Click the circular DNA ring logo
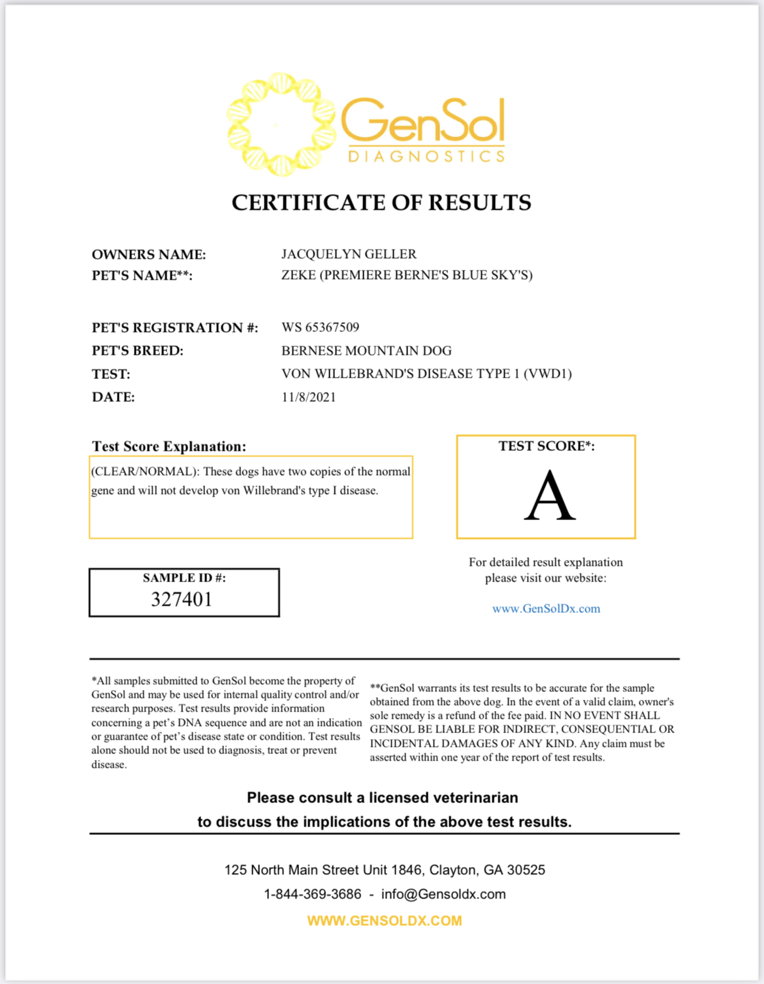281,124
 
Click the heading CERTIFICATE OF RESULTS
381,203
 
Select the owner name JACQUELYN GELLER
349,254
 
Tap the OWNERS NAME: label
148,254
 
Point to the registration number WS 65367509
320,327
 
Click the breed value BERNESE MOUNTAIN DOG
366,350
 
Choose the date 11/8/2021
308,397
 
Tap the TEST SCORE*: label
547,446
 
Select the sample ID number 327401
182,599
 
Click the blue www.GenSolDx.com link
546,608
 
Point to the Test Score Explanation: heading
168,446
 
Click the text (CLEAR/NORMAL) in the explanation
144,471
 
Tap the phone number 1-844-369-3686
312,894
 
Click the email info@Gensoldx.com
443,894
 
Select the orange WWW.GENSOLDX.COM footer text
384,921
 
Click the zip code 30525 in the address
526,870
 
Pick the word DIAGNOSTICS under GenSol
426,156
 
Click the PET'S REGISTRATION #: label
174,327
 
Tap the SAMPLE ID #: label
184,578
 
